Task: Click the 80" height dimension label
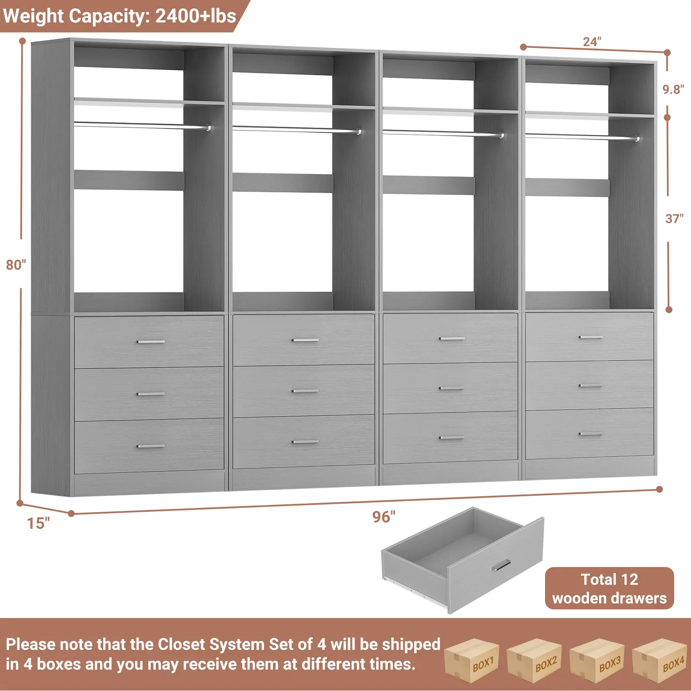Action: pyautogui.click(x=16, y=264)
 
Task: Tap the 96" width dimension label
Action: pyautogui.click(x=384, y=517)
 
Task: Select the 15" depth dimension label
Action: pyautogui.click(x=38, y=523)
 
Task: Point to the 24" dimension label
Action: pyautogui.click(x=592, y=42)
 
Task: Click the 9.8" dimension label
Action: pyautogui.click(x=673, y=89)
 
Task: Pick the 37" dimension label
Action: pyautogui.click(x=674, y=219)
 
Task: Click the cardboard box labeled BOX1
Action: pyautogui.click(x=472, y=661)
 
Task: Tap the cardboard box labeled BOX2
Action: pyautogui.click(x=535, y=661)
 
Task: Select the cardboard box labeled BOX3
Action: pyautogui.click(x=598, y=661)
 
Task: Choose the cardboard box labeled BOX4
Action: pyautogui.click(x=660, y=661)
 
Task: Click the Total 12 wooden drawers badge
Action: pyautogui.click(x=609, y=588)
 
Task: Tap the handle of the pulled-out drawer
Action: pyautogui.click(x=501, y=565)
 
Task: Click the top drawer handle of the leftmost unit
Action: pyautogui.click(x=151, y=342)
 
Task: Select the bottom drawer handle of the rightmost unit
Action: pyautogui.click(x=591, y=434)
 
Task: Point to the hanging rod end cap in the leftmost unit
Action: pyautogui.click(x=209, y=128)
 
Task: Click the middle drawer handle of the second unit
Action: pyautogui.click(x=305, y=391)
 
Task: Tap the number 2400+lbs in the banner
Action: pyautogui.click(x=196, y=16)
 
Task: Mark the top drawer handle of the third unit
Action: pyautogui.click(x=452, y=339)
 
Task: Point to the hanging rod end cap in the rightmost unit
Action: pyautogui.click(x=637, y=139)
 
